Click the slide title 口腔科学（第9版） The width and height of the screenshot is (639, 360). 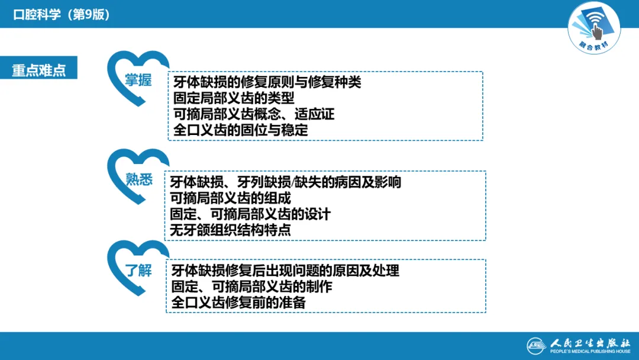[62, 15]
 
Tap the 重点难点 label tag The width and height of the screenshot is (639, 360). [39, 69]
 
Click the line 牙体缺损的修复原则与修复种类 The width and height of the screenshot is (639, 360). [267, 82]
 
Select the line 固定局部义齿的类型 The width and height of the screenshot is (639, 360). [234, 98]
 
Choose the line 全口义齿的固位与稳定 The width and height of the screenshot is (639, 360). [241, 130]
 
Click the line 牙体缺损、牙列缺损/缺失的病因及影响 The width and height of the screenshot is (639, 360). [285, 182]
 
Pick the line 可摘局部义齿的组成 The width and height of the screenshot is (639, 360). [230, 198]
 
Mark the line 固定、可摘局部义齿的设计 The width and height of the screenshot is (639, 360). [250, 214]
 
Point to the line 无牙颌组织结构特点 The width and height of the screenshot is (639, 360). [230, 230]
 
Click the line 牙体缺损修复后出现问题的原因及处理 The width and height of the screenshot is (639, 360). [285, 271]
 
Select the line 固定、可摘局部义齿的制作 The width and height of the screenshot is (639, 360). [251, 287]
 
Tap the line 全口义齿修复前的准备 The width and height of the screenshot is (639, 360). [238, 303]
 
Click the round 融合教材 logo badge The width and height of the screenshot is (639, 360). [594, 27]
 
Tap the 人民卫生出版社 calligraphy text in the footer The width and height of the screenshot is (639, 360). [588, 342]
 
